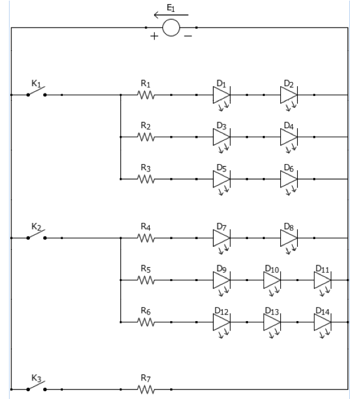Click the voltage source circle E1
[171, 28]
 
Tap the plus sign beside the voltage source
[154, 37]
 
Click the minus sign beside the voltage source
[187, 37]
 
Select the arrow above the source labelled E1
[171, 14]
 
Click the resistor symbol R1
[146, 95]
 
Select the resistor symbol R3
[146, 179]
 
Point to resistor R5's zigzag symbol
[146, 280]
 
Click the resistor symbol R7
[146, 389]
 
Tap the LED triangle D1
[221, 95]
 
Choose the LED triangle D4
[288, 137]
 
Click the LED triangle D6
[288, 179]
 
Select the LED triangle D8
[288, 238]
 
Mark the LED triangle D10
[271, 280]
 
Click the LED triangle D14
[322, 322]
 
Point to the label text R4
[146, 226]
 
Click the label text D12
[221, 311]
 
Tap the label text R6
[146, 311]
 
